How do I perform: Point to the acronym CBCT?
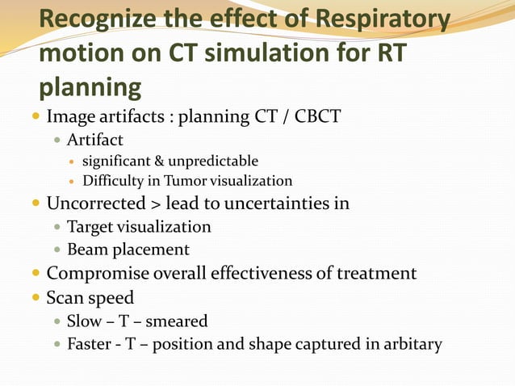pyautogui.click(x=317, y=117)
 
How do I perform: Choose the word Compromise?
pyautogui.click(x=98, y=273)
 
